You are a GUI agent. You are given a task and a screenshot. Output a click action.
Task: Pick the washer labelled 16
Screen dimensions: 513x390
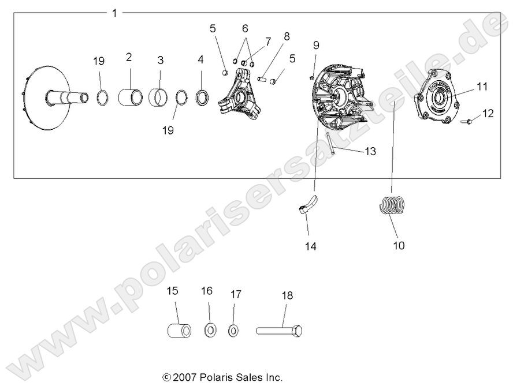pyautogui.click(x=210, y=331)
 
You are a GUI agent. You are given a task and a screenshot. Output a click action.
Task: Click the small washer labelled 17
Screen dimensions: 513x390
pyautogui.click(x=233, y=331)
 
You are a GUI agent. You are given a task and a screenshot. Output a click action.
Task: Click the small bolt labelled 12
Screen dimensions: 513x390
pyautogui.click(x=468, y=122)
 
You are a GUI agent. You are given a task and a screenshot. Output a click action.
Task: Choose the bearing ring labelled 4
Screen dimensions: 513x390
pyautogui.click(x=203, y=96)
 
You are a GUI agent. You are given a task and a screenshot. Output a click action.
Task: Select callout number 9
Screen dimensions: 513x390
pyautogui.click(x=316, y=45)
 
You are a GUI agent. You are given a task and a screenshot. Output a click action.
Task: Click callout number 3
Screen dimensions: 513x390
pyautogui.click(x=161, y=59)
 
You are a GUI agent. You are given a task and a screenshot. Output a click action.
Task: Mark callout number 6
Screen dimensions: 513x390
pyautogui.click(x=245, y=28)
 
